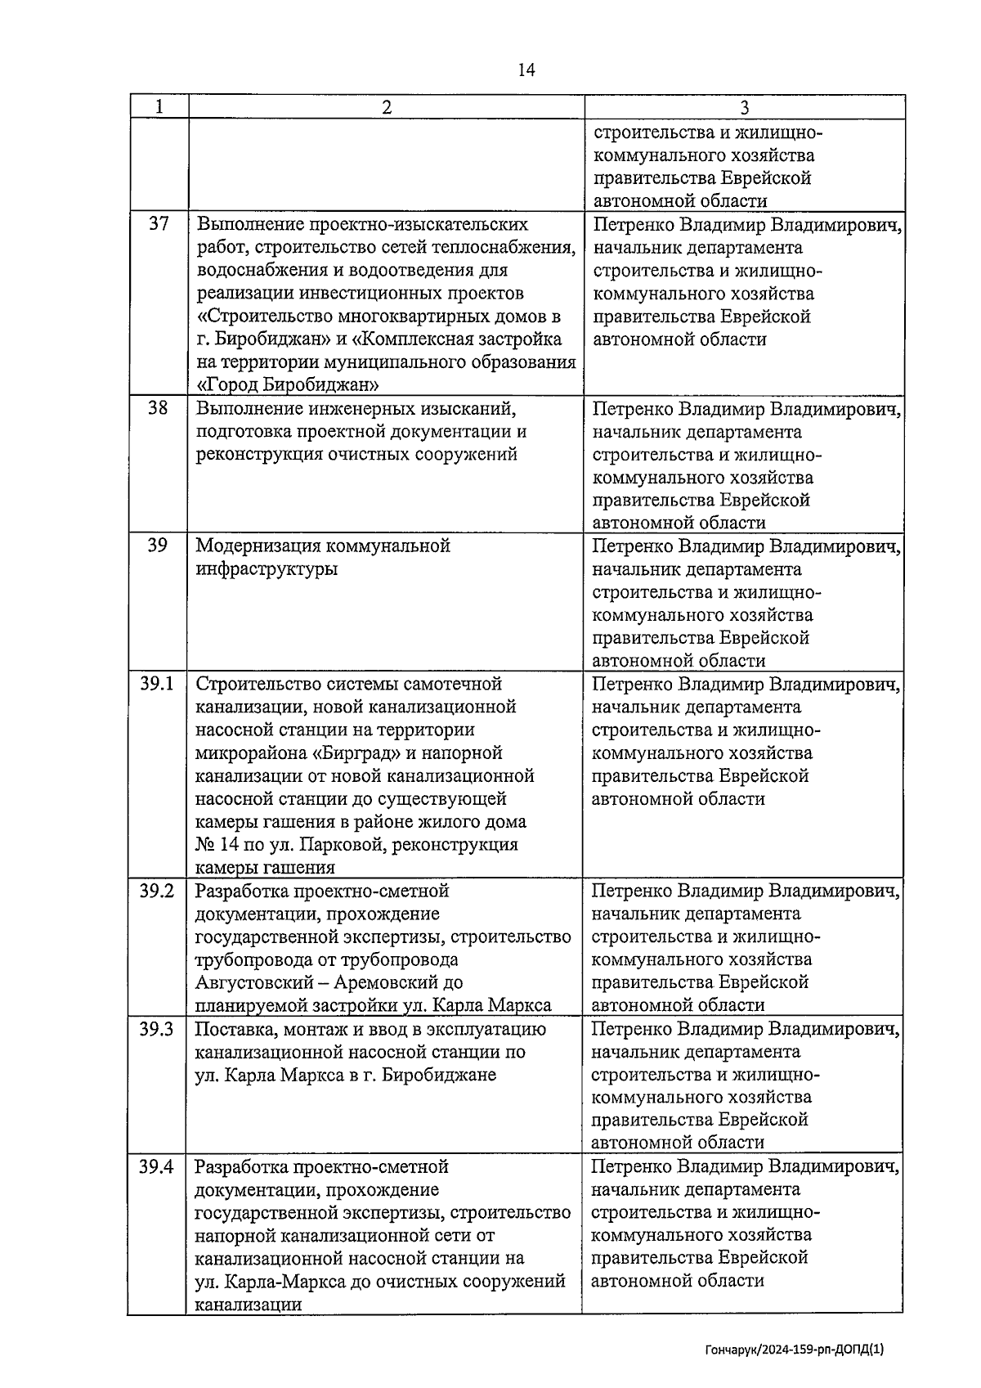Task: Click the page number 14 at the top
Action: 526,70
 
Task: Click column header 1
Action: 159,107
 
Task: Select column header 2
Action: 386,107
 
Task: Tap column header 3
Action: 744,107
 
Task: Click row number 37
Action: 159,223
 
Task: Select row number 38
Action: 159,407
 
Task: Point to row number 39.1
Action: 157,683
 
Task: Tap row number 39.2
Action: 157,891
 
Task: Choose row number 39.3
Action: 157,1029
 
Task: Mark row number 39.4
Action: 157,1166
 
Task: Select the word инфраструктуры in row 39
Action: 267,568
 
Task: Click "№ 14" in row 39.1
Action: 214,844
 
